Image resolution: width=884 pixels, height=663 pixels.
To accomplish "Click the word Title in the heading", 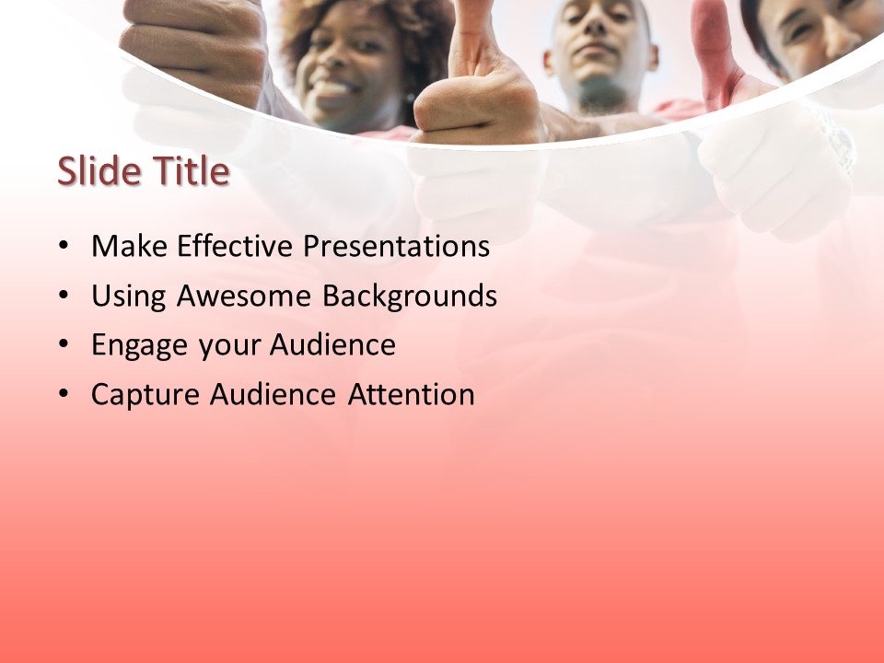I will pyautogui.click(x=189, y=172).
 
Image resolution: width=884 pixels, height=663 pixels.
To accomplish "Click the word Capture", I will pyautogui.click(x=145, y=396).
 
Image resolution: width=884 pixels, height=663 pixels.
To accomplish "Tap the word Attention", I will pyautogui.click(x=412, y=395).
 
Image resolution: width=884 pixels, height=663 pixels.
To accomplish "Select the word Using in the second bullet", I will pyautogui.click(x=127, y=297).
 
